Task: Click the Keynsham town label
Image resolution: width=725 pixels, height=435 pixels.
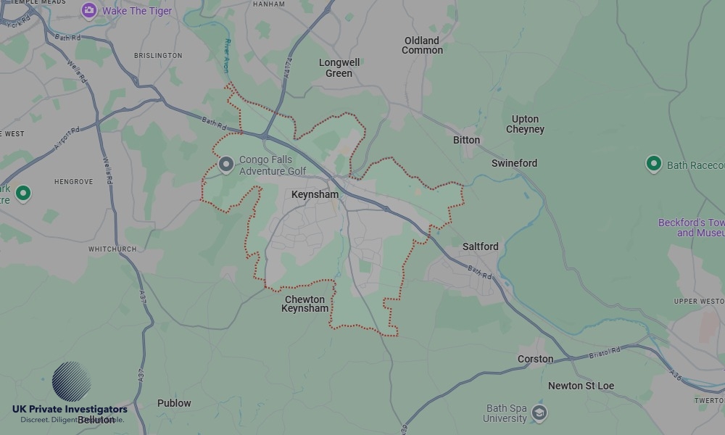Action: click(315, 195)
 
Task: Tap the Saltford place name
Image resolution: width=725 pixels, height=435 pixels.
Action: click(480, 246)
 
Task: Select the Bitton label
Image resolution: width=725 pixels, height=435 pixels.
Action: click(466, 140)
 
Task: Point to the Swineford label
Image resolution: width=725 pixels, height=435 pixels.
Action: click(514, 163)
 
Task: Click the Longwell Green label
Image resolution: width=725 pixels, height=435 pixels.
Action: click(339, 67)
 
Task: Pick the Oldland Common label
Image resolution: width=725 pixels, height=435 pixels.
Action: click(422, 45)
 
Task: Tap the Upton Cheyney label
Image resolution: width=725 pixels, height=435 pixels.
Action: click(525, 124)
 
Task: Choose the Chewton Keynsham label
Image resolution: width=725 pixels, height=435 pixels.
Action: click(304, 304)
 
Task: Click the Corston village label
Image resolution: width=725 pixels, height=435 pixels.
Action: click(535, 359)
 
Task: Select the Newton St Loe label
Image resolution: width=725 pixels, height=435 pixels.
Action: click(581, 386)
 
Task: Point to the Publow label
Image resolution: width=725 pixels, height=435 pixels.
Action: click(174, 403)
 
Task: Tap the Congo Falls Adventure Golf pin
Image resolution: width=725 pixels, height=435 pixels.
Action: click(226, 165)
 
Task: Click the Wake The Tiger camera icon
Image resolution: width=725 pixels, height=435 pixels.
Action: click(89, 10)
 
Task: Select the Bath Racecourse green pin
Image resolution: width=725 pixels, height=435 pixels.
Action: click(653, 163)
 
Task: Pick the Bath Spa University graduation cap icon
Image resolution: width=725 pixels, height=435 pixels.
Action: click(539, 413)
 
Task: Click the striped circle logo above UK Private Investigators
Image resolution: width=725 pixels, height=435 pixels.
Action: click(72, 381)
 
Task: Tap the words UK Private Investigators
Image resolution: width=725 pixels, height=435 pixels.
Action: click(70, 410)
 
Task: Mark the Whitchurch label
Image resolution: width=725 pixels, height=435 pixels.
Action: click(112, 249)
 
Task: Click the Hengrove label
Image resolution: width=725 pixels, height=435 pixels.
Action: click(73, 181)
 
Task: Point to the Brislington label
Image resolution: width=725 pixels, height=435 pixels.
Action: click(158, 55)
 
